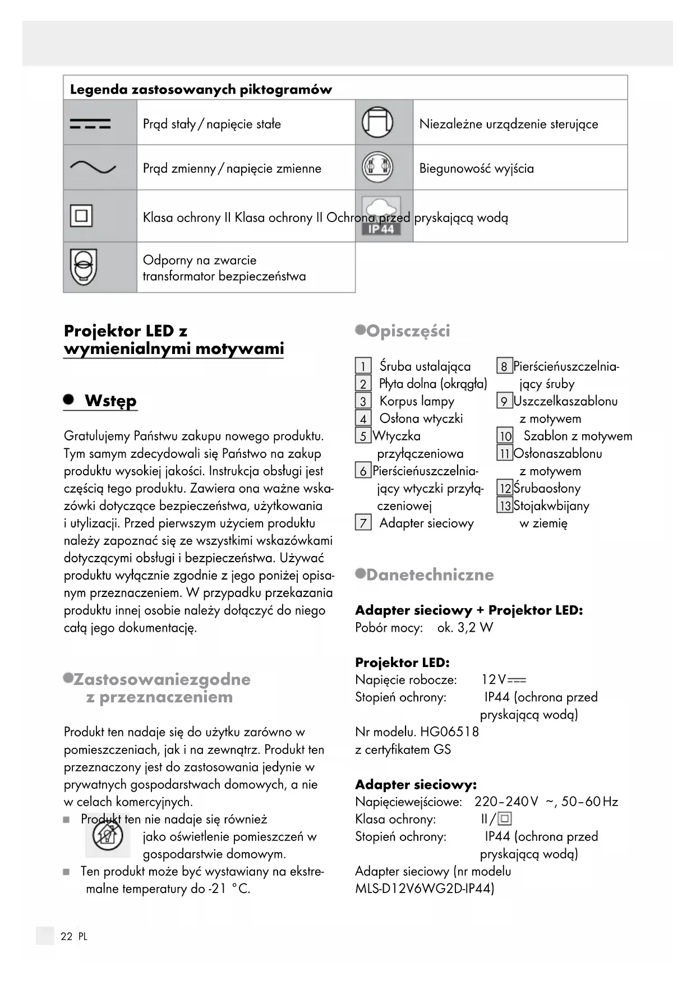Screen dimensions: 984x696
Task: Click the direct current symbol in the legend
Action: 90,124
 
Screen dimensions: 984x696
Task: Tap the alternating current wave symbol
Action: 93,167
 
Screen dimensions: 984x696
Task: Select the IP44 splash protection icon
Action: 381,216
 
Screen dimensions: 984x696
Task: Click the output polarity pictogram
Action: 377,167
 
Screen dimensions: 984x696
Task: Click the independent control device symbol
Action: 377,122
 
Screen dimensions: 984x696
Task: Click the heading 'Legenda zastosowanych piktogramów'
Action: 201,89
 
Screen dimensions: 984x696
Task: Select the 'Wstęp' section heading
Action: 110,401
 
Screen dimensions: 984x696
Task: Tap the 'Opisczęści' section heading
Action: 408,331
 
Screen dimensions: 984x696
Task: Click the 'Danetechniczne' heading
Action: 430,574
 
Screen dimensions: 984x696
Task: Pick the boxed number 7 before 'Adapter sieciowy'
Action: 363,523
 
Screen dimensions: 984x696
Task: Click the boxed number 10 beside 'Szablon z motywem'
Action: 505,436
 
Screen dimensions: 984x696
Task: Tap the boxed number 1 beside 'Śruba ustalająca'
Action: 363,366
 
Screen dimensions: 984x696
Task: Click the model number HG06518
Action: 449,732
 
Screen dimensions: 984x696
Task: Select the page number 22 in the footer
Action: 67,936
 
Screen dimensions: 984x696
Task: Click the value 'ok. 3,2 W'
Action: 465,627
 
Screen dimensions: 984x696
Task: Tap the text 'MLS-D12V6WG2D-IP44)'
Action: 425,889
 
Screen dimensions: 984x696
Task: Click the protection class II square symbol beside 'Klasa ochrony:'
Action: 505,819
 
